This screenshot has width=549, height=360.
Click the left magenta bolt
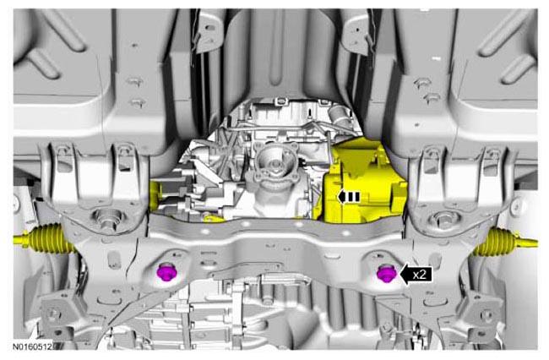pyautogui.click(x=166, y=272)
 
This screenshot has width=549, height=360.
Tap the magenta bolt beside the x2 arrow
pyautogui.click(x=387, y=273)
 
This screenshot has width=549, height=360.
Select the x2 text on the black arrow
pyautogui.click(x=420, y=274)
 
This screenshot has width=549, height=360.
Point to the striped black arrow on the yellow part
pyautogui.click(x=349, y=197)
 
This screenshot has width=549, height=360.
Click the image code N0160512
pyautogui.click(x=32, y=346)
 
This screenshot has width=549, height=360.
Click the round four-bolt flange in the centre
pyautogui.click(x=276, y=160)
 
